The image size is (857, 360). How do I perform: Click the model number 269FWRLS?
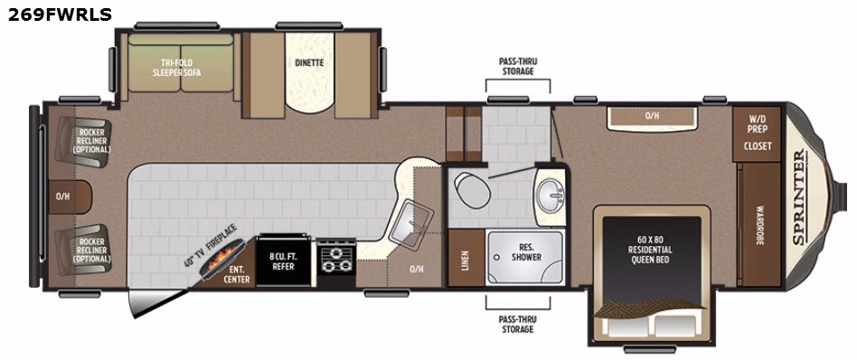coord(60,14)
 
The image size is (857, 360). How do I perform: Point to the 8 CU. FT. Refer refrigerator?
coord(283,260)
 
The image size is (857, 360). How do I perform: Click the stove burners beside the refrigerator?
coord(336,260)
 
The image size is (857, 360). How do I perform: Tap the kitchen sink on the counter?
coord(410,222)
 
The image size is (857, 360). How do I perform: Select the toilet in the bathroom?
coord(471,189)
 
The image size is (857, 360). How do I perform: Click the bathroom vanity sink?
coord(550,194)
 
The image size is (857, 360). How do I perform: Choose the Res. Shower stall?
coord(524,257)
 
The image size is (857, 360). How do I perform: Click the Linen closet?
coord(466,257)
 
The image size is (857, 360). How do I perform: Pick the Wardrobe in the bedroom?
coord(758,225)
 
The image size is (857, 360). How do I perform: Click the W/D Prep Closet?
coord(757,134)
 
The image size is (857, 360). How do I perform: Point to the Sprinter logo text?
coord(800,196)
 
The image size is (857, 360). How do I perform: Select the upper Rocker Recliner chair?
coord(84,142)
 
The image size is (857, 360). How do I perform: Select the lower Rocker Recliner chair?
coord(84,249)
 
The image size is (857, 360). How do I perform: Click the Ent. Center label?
coord(239,275)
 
